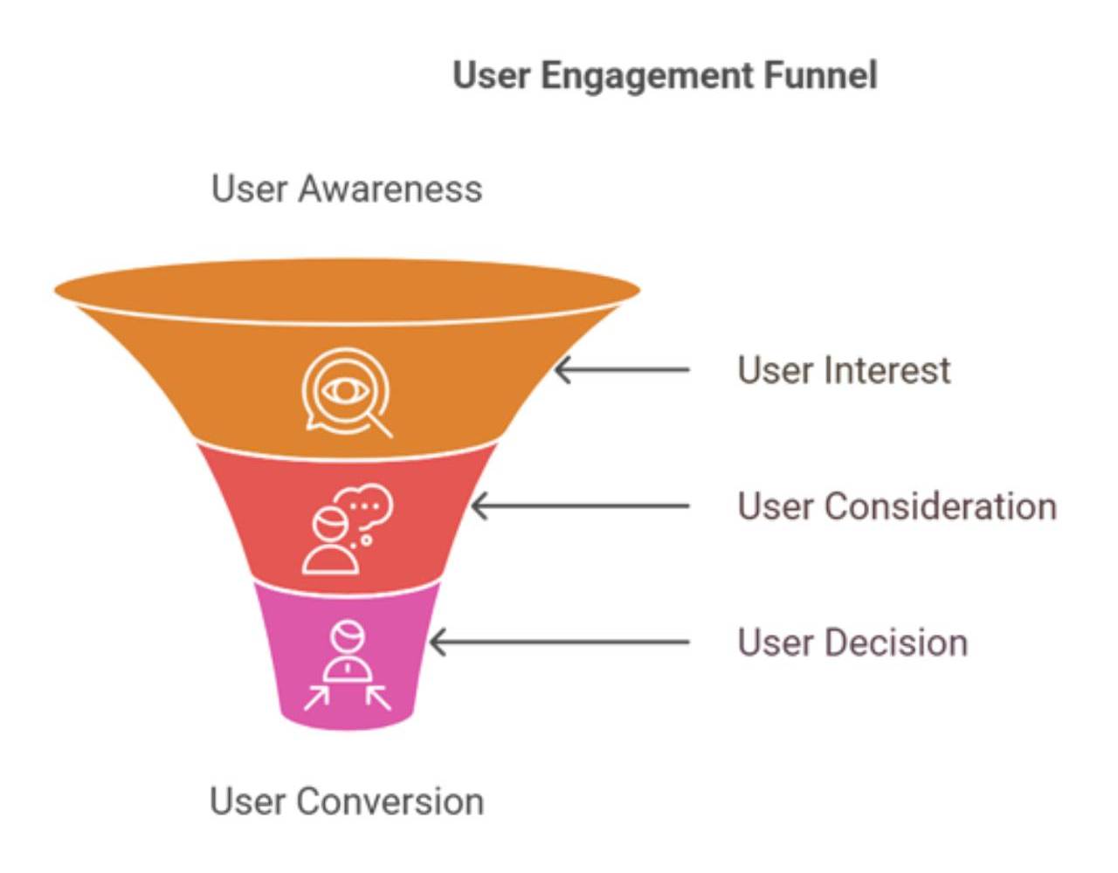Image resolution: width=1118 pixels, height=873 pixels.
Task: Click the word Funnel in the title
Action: (x=821, y=75)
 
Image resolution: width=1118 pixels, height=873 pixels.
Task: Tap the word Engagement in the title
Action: (x=649, y=77)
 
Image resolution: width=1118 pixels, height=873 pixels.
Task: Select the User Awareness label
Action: (x=347, y=189)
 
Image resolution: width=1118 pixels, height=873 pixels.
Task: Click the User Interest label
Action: (x=844, y=370)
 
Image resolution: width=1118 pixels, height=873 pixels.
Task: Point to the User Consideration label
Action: (x=897, y=506)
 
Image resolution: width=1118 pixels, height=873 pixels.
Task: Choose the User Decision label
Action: (x=852, y=643)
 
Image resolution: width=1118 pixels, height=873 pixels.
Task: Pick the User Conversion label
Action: (x=347, y=801)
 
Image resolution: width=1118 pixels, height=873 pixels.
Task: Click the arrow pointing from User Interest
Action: (x=622, y=370)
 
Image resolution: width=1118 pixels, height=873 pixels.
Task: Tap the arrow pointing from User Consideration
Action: (x=580, y=506)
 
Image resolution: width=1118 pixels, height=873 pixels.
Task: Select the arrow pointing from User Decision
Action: (x=560, y=643)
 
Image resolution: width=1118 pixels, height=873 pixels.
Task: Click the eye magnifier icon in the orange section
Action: (x=347, y=392)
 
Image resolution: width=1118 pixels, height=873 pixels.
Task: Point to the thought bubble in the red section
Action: (x=366, y=506)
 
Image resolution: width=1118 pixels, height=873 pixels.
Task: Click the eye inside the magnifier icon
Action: (x=345, y=389)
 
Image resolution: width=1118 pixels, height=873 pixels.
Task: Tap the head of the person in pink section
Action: (x=348, y=636)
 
